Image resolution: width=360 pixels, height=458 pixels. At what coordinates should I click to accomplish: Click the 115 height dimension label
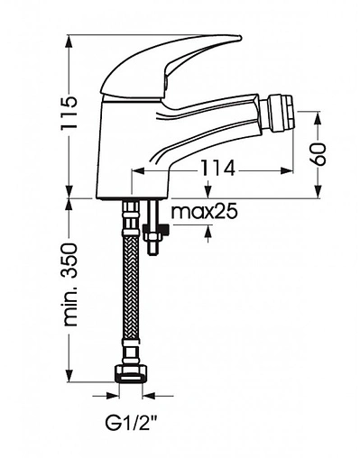[x=69, y=113]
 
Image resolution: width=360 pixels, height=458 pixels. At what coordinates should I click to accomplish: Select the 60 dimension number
[x=319, y=154]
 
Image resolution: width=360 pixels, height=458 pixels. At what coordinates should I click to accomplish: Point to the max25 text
[x=204, y=212]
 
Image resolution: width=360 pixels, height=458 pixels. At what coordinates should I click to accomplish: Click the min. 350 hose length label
[x=70, y=284]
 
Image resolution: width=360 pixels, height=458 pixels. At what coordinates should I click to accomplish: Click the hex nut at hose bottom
[x=131, y=374]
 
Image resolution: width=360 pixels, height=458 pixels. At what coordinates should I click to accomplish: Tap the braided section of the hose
[x=131, y=286]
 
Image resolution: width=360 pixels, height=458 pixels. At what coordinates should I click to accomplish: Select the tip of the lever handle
[x=240, y=38]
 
